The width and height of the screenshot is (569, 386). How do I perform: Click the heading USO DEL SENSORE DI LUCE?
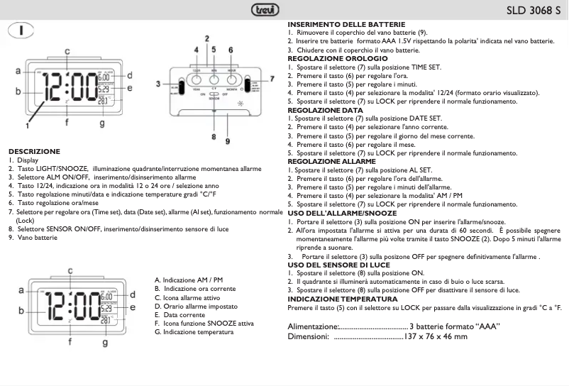pos(333,264)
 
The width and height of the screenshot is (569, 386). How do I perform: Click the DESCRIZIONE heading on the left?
pos(34,151)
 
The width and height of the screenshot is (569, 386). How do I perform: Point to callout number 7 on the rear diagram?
pos(272,79)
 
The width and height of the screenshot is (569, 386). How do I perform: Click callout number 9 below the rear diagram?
pos(228,141)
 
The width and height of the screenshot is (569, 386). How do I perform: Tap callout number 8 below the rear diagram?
pos(213,136)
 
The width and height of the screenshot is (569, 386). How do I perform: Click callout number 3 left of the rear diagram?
pos(160,84)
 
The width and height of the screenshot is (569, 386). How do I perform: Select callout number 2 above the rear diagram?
pos(206,38)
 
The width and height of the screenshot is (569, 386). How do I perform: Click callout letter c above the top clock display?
pos(67,51)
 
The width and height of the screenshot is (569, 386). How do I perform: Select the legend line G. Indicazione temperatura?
pos(194,332)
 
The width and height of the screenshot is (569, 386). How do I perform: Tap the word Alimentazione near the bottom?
pos(313,326)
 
